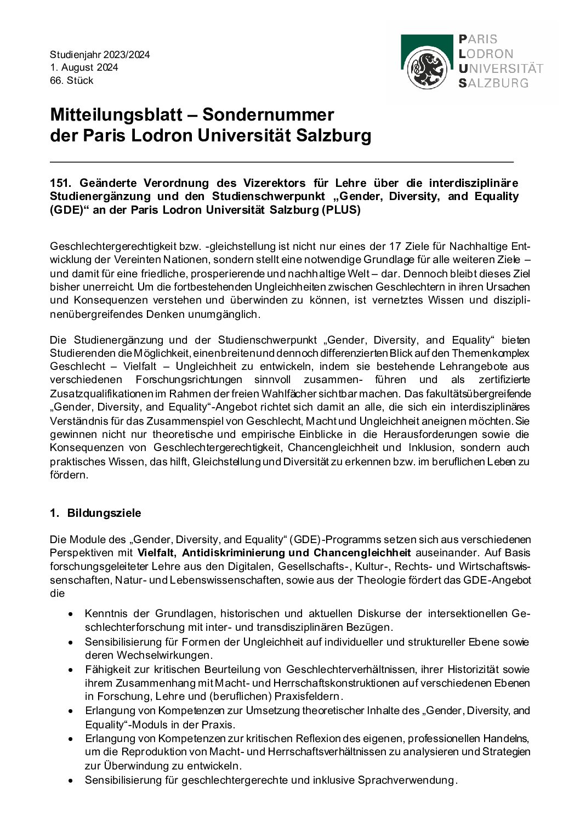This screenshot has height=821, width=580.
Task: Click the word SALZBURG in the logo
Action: [x=493, y=83]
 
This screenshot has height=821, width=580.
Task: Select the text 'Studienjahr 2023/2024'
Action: [x=99, y=55]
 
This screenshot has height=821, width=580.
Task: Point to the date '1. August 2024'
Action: [x=84, y=67]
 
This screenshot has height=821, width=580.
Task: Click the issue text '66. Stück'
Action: [x=72, y=81]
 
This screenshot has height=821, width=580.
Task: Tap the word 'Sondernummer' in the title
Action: [x=269, y=115]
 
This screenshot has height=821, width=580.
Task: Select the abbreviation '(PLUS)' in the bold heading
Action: [x=343, y=210]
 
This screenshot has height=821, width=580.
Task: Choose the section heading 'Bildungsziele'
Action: [x=104, y=513]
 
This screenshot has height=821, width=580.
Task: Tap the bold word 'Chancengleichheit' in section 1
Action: [x=362, y=552]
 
